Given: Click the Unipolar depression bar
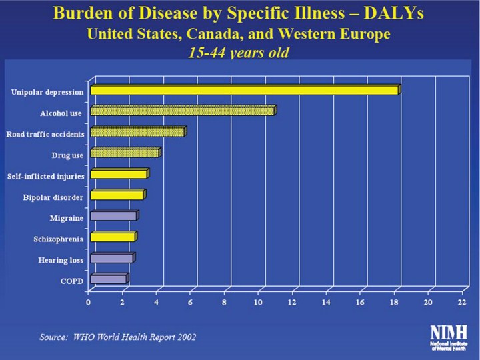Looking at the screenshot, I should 244,90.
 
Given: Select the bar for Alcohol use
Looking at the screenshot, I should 182,111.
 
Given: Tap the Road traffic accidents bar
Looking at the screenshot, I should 137,132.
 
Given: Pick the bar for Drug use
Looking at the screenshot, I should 125,153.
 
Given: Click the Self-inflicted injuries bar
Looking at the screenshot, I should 118,174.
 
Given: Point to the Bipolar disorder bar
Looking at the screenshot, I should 117,195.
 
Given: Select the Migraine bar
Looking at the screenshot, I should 113,216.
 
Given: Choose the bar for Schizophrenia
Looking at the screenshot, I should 113,237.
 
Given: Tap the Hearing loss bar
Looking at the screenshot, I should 112,258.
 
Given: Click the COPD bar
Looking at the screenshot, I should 108,279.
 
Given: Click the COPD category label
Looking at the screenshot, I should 72,281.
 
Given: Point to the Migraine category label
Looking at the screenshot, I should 66,218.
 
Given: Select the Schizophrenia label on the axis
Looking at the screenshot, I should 59,239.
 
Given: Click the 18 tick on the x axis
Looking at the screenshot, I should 394,303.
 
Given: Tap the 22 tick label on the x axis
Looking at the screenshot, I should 462,303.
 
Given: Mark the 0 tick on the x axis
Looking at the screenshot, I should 89,303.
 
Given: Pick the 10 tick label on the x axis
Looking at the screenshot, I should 258,303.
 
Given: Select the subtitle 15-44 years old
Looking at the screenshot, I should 241,53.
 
